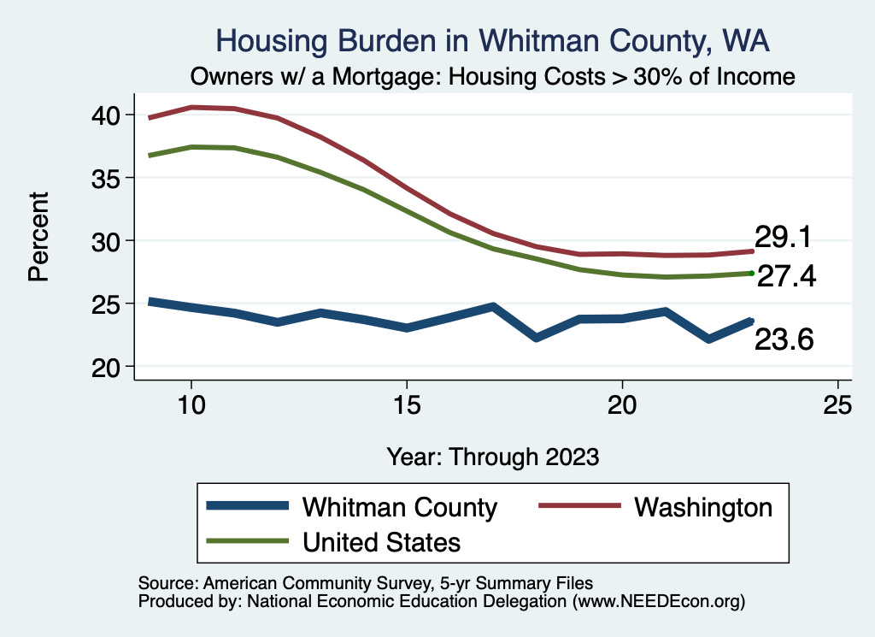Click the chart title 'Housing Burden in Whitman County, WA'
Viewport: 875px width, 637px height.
pyautogui.click(x=493, y=40)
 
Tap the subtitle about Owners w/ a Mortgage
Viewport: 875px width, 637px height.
pyautogui.click(x=493, y=77)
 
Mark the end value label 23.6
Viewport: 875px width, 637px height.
pyautogui.click(x=783, y=340)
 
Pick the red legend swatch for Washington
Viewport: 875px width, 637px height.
pyautogui.click(x=578, y=507)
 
